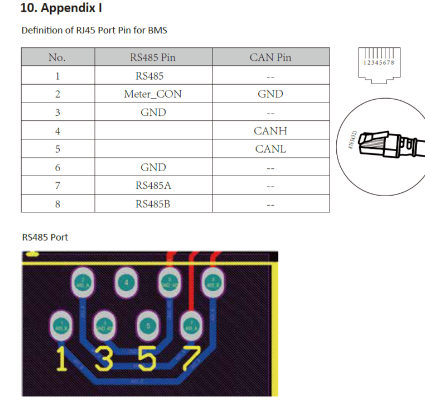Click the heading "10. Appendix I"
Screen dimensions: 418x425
[61, 8]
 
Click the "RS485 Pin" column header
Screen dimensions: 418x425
[153, 57]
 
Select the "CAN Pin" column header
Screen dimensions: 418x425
[271, 57]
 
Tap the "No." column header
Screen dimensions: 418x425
[57, 57]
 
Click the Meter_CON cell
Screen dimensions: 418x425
[153, 94]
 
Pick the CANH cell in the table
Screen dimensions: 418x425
[271, 131]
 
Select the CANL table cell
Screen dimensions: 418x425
[271, 149]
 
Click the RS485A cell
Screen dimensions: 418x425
[153, 186]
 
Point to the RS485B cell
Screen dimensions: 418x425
[153, 204]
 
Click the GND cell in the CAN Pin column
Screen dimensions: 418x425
[271, 94]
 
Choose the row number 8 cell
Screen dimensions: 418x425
[57, 204]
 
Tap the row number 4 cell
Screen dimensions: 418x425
[57, 131]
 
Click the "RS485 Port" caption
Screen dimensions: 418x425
[45, 237]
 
